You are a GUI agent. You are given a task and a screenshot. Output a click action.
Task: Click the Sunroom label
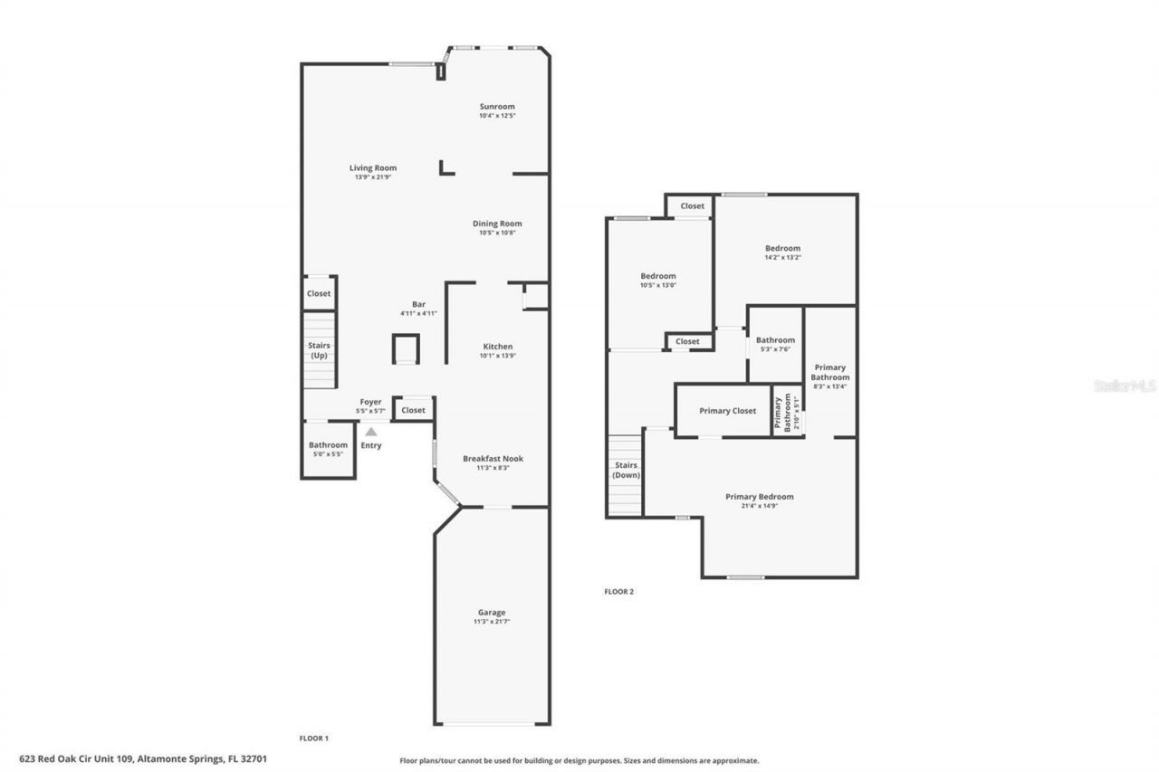(497, 107)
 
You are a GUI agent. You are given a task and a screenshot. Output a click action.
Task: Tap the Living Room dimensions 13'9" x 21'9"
(372, 177)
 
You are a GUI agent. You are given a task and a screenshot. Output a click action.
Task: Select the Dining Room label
(497, 224)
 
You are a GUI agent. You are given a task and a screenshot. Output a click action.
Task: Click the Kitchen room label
(497, 347)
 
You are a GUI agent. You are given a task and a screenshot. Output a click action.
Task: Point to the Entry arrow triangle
(371, 433)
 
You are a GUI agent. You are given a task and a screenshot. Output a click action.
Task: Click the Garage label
(492, 613)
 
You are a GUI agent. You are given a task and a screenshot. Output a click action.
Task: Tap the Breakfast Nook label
(493, 459)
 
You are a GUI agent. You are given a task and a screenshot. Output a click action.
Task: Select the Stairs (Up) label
(319, 350)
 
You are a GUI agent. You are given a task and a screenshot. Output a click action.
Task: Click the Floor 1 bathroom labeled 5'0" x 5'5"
(328, 448)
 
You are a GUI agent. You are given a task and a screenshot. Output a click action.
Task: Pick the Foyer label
(370, 402)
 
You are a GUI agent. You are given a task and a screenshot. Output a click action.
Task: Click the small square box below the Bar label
(406, 348)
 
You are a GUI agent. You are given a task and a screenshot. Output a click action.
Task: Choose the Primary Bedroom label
(759, 497)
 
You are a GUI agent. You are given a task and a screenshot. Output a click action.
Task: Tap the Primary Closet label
(727, 411)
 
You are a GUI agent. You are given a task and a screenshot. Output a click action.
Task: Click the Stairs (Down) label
(626, 470)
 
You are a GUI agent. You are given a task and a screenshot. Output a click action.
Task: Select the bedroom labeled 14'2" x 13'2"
(782, 252)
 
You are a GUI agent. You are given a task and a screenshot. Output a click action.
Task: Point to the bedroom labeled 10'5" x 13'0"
(658, 280)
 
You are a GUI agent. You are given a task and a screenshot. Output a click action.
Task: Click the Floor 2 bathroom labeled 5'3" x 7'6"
(775, 344)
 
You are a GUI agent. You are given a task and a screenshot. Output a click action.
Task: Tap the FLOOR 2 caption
(619, 592)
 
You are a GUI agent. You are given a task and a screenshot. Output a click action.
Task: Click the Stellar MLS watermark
(1125, 386)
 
